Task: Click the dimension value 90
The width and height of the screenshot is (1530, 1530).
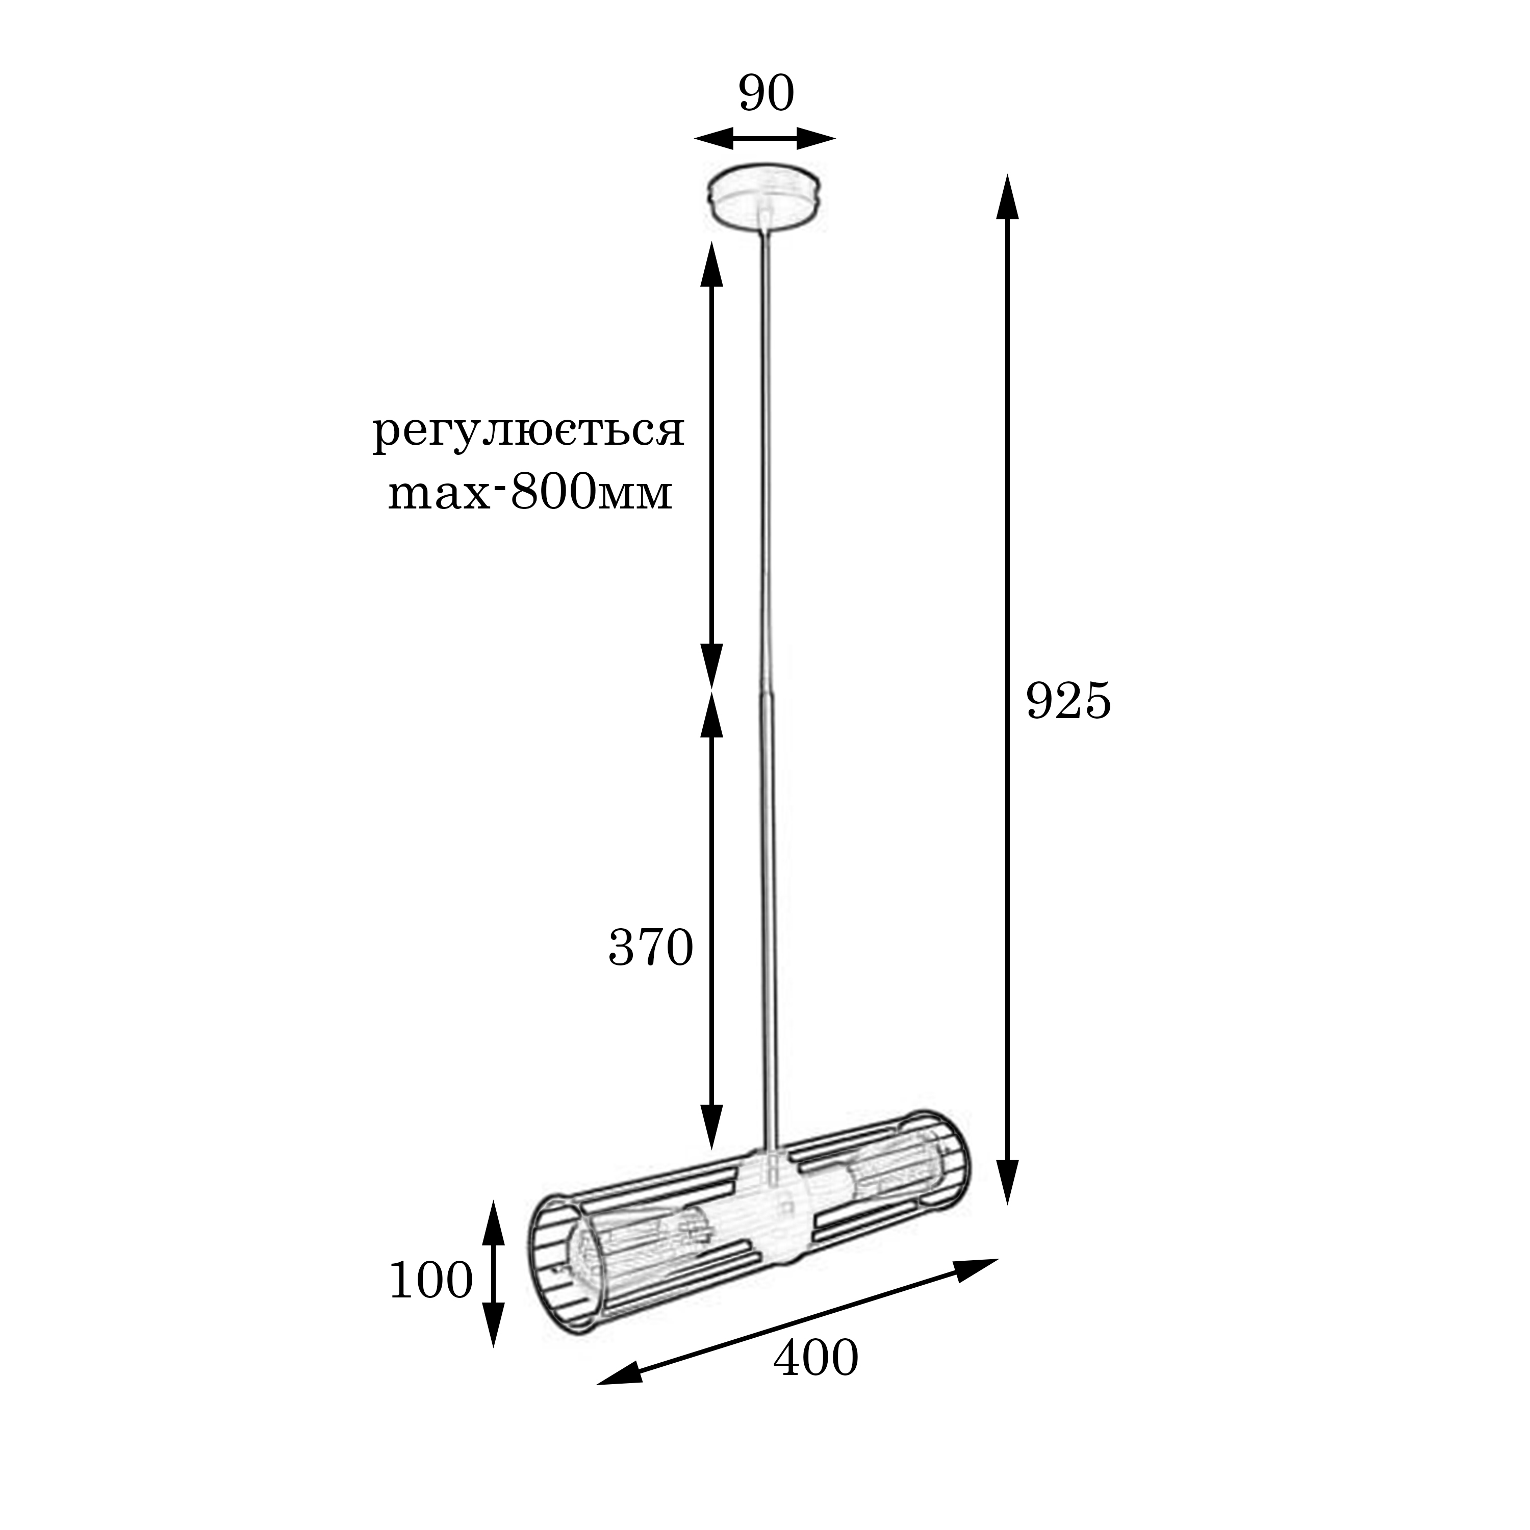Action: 766,94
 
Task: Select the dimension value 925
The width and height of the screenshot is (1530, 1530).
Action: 1068,701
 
